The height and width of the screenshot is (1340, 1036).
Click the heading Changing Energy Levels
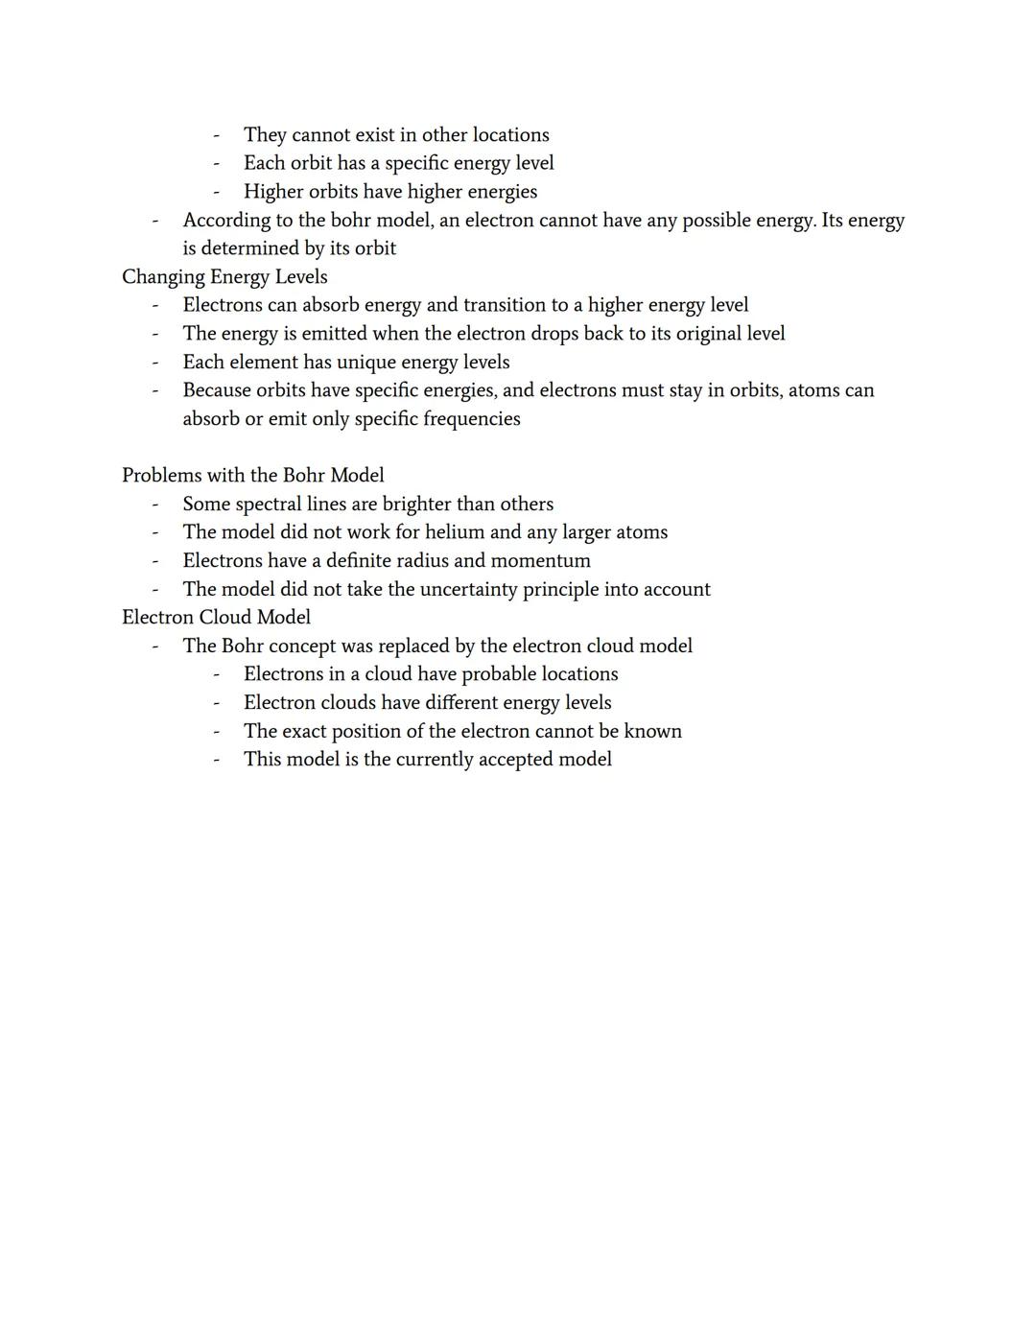click(x=224, y=276)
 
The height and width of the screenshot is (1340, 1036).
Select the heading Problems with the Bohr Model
click(x=252, y=475)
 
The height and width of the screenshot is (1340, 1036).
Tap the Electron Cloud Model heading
click(x=216, y=617)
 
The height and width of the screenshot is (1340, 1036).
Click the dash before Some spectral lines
click(x=154, y=504)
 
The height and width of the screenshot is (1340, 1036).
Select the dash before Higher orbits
click(x=216, y=192)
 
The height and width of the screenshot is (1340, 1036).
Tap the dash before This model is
click(x=216, y=760)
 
